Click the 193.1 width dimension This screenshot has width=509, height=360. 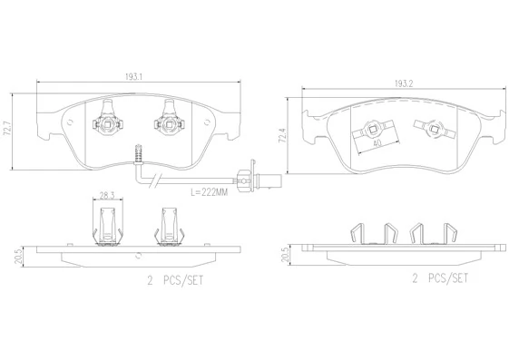pyautogui.click(x=135, y=78)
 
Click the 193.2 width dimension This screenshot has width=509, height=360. pyautogui.click(x=403, y=83)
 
